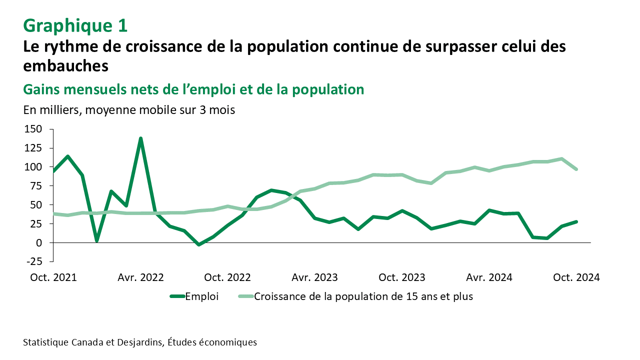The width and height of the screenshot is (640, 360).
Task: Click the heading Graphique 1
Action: tap(75, 24)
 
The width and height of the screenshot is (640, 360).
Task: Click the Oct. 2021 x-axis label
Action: tap(53, 277)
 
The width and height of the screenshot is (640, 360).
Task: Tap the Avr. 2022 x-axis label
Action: tap(140, 277)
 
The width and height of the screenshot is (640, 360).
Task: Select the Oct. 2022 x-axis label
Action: tap(227, 277)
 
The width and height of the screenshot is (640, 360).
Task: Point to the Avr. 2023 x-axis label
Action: tap(314, 277)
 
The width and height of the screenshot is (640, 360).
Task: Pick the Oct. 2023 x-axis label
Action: tap(402, 277)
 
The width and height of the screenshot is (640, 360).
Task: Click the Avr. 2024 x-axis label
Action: tap(488, 277)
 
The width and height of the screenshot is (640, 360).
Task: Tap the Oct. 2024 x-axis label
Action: tap(576, 277)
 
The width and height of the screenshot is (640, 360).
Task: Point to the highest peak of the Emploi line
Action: tap(140, 138)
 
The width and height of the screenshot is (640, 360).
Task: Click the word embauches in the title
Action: tap(65, 65)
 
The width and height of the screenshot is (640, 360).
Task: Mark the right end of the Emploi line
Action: tap(576, 221)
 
